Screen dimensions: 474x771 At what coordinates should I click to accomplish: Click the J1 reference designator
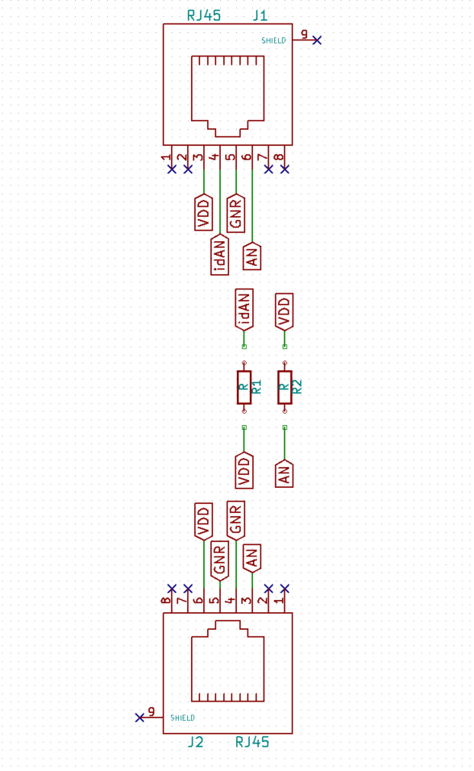click(x=260, y=16)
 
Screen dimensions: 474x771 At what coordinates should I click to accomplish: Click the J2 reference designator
click(x=195, y=741)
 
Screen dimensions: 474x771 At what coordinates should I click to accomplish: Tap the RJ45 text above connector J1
click(x=204, y=16)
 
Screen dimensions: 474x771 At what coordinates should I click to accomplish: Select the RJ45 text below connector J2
click(x=252, y=741)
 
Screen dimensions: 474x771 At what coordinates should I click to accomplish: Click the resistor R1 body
click(x=244, y=387)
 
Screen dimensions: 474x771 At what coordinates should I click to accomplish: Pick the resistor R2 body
click(x=285, y=387)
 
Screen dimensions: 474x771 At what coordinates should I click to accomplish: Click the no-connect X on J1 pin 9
click(x=317, y=40)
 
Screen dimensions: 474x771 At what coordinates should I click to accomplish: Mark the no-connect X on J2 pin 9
click(x=139, y=718)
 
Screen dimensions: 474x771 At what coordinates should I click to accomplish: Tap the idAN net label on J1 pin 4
click(x=220, y=255)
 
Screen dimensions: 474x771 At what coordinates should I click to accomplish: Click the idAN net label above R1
click(x=244, y=309)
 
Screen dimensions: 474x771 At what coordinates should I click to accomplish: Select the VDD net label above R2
click(x=285, y=311)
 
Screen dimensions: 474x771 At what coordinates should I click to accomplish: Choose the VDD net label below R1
click(x=244, y=470)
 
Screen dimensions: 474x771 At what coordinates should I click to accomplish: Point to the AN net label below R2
click(x=285, y=474)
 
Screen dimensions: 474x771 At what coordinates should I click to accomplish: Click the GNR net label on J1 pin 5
click(x=236, y=213)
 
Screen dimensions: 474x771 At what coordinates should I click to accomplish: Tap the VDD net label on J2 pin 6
click(x=204, y=521)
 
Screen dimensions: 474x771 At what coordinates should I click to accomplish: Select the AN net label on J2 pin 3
click(x=252, y=559)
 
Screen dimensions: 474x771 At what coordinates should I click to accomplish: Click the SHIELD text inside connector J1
click(x=273, y=41)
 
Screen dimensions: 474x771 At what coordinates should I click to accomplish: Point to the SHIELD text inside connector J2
click(x=182, y=718)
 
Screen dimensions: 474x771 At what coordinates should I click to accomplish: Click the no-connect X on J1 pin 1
click(x=172, y=169)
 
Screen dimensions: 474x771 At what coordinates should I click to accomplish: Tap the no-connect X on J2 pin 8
click(x=172, y=589)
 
